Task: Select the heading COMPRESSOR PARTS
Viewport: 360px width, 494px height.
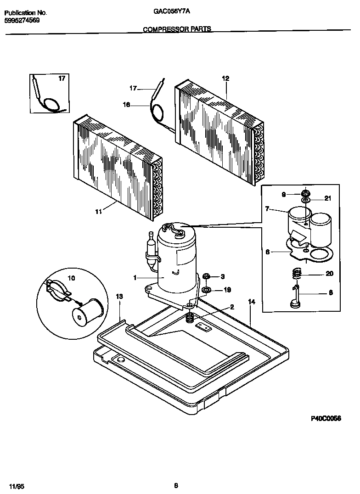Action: [177, 29]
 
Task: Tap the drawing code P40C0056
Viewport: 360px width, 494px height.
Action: [326, 419]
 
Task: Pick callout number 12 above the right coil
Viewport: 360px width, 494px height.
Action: [225, 79]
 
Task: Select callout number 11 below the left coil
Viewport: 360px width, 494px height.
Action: [98, 211]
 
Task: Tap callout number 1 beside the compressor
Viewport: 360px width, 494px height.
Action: [135, 277]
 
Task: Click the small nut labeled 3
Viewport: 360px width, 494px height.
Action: [207, 276]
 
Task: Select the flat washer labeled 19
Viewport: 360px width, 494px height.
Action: [207, 290]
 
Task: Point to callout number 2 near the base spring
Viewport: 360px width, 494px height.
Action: [232, 307]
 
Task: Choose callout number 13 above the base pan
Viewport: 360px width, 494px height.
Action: [119, 297]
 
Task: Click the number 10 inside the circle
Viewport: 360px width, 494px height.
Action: [72, 278]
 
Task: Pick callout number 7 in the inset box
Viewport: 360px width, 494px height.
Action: [267, 209]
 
